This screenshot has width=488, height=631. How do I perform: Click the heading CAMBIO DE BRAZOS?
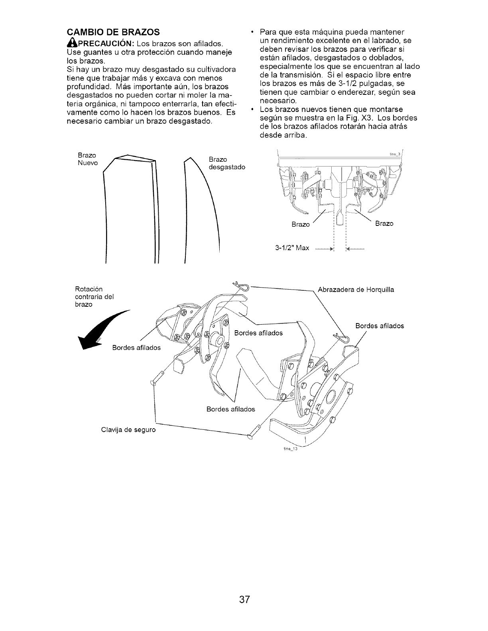point(113,31)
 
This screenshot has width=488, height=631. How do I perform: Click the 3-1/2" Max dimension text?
point(292,248)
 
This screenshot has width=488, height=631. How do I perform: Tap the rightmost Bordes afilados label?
point(379,326)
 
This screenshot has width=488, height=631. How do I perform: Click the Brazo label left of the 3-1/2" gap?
point(301,224)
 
